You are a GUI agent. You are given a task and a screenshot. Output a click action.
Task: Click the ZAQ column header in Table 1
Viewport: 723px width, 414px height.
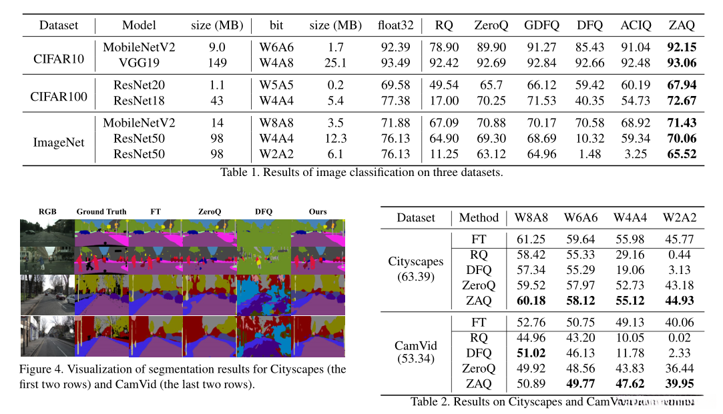click(x=682, y=25)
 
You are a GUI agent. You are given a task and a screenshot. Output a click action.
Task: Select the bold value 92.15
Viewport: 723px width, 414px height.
click(x=682, y=47)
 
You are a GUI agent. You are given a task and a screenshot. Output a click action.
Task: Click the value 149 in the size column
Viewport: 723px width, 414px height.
click(x=218, y=63)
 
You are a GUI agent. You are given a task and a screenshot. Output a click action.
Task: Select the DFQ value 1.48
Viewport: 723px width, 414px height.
click(x=590, y=154)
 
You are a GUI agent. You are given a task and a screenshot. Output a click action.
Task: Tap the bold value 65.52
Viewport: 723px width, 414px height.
click(x=682, y=154)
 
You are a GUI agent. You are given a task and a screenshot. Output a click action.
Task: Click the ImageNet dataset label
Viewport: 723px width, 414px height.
click(x=59, y=139)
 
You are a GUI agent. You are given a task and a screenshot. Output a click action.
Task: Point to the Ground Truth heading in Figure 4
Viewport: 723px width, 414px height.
click(x=101, y=212)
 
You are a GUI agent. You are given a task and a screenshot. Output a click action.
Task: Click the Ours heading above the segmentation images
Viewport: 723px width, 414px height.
click(x=318, y=212)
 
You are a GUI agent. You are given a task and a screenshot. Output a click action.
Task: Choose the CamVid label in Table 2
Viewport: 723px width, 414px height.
click(x=415, y=346)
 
